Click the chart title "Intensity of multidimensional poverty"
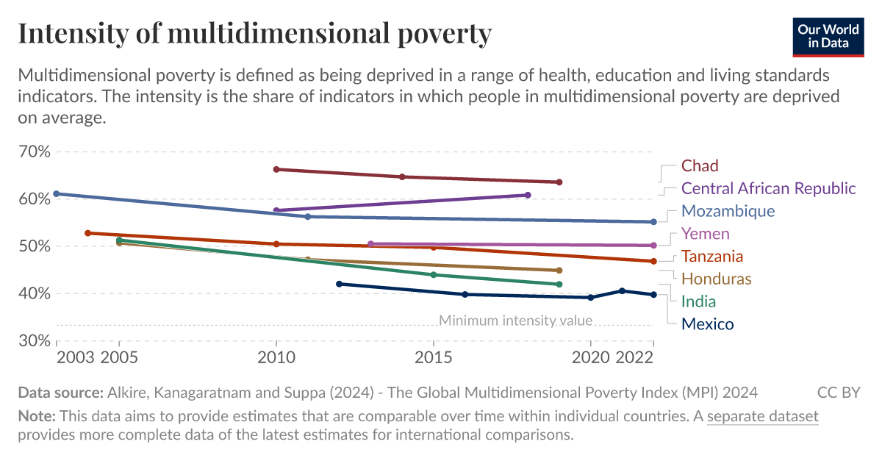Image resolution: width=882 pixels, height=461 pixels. [x=254, y=34]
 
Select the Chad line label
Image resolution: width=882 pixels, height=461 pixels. [x=699, y=165]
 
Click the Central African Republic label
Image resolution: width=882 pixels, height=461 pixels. [x=768, y=188]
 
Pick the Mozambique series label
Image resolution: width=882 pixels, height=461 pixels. [x=728, y=211]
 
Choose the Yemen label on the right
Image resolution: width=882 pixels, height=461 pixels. [x=705, y=234]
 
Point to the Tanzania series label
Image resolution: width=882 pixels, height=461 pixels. [x=711, y=257]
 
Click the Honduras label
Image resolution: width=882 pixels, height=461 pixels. [x=716, y=279]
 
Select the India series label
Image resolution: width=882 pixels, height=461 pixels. [x=698, y=301]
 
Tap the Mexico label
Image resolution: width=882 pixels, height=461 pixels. [x=707, y=324]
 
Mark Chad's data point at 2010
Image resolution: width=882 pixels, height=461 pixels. [x=276, y=169]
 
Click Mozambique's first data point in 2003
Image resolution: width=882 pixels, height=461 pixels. [x=57, y=194]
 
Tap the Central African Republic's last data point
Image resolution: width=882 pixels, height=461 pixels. [x=528, y=195]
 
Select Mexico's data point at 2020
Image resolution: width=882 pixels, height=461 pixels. [x=590, y=297]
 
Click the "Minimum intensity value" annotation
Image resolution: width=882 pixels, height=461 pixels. [x=515, y=321]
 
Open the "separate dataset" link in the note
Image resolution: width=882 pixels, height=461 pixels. [x=762, y=416]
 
